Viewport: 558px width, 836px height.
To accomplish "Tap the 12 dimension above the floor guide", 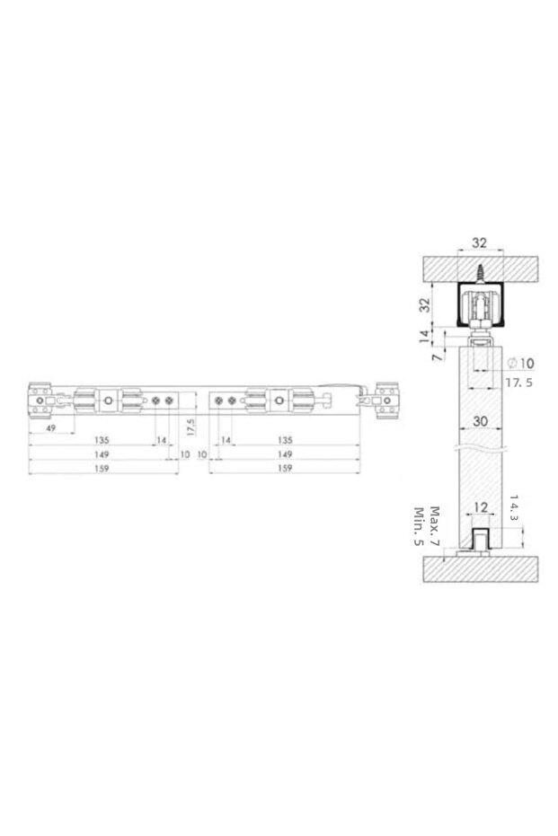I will [x=480, y=507].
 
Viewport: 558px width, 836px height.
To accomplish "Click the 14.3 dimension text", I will [x=513, y=508].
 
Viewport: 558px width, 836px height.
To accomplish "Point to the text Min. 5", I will [x=419, y=526].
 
